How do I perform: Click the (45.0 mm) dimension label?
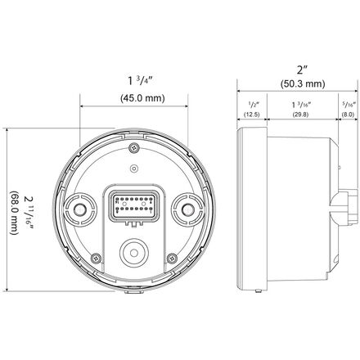[142, 98]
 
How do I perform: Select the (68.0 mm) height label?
[14, 213]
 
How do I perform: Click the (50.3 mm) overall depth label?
[303, 83]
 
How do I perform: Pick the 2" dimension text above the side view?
[302, 70]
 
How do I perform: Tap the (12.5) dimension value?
[251, 115]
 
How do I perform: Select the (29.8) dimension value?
[300, 115]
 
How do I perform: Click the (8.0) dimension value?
[348, 115]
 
